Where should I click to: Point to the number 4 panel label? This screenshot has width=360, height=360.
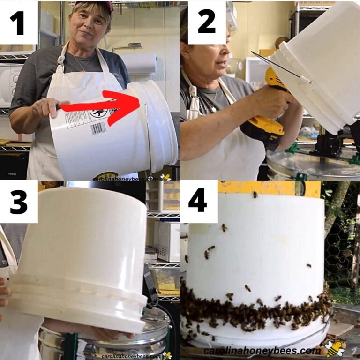click(x=199, y=201)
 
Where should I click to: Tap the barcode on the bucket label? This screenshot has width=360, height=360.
click(x=98, y=127)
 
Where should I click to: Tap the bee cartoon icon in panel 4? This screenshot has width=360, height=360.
click(x=335, y=349)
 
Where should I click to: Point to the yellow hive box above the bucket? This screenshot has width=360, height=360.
click(x=272, y=188)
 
